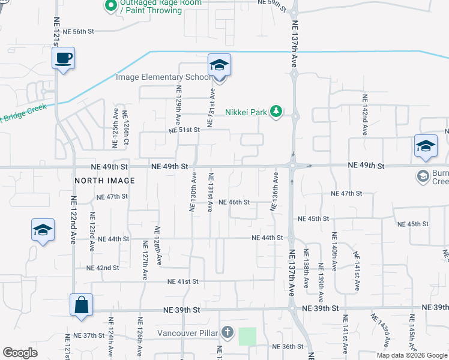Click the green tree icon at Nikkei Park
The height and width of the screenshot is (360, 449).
(x=276, y=111)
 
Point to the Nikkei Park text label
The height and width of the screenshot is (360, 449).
(x=246, y=112)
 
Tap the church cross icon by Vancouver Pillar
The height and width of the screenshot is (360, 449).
(x=227, y=332)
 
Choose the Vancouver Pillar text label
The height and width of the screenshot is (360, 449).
(x=188, y=333)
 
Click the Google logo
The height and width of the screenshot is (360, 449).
(x=20, y=353)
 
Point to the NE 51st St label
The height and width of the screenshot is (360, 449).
(x=183, y=130)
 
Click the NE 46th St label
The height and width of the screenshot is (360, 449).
(x=234, y=202)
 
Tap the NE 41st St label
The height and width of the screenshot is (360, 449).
(x=182, y=281)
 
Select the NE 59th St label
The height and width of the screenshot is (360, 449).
(x=273, y=3)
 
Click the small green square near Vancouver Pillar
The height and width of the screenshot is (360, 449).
(x=247, y=337)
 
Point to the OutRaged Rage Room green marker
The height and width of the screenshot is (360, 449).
(x=110, y=6)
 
